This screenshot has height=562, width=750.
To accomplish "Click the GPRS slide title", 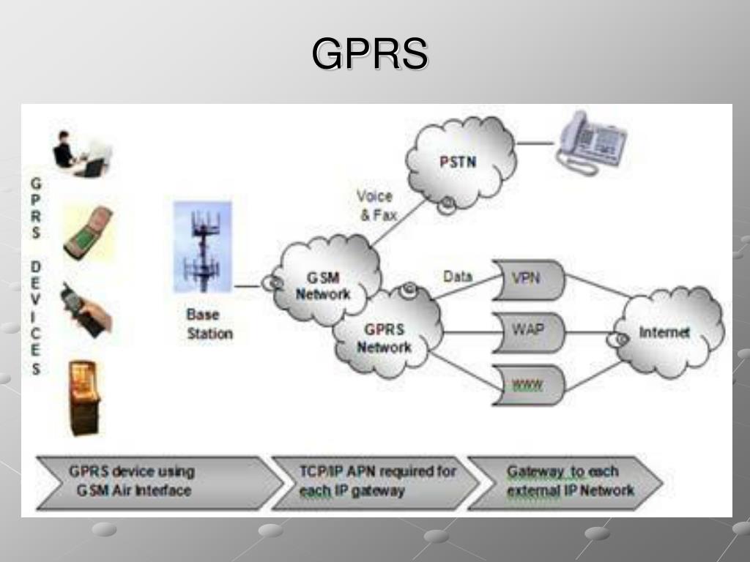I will [370, 54].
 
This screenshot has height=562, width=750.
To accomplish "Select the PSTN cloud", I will [458, 162].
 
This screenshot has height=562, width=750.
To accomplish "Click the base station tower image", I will [202, 247].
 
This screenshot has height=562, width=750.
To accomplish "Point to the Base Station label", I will [209, 324].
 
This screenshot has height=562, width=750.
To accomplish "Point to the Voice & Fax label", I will [376, 206].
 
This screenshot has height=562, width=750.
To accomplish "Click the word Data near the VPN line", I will [458, 277].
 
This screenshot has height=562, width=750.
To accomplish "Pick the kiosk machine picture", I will [84, 397].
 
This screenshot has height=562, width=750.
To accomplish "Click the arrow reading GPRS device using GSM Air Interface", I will [146, 482].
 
